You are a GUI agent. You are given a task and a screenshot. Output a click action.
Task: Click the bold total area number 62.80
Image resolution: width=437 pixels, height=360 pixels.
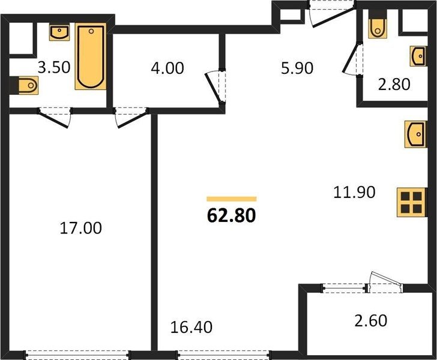(231, 216)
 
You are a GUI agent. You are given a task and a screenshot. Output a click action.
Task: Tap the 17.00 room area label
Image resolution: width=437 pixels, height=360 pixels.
(81, 228)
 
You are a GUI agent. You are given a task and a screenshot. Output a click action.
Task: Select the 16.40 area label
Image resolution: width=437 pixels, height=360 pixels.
(191, 327)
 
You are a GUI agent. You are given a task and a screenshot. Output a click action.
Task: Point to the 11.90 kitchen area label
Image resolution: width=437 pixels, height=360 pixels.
(354, 192)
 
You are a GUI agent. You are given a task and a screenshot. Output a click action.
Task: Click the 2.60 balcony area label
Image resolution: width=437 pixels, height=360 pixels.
(371, 320)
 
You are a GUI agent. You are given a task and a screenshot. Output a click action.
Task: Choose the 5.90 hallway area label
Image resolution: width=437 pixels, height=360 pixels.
(297, 68)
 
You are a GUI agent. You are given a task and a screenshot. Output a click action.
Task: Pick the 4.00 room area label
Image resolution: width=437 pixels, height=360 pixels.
(167, 68)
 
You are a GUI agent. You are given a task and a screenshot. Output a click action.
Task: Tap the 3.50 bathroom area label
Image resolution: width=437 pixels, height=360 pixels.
(54, 67)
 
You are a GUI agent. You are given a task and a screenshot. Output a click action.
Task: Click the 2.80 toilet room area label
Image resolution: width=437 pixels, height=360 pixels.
(394, 84)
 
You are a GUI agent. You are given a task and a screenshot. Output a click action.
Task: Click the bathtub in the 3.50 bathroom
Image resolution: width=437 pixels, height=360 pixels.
(91, 56)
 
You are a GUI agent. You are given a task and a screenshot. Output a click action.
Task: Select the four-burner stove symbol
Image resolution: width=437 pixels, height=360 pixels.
(411, 202)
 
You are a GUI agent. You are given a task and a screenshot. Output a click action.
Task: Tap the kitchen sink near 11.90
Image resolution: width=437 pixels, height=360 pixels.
(415, 134)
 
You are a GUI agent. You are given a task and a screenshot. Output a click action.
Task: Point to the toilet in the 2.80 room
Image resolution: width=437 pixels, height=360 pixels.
(378, 26)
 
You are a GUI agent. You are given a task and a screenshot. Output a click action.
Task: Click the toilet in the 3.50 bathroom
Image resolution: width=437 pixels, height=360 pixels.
(26, 85)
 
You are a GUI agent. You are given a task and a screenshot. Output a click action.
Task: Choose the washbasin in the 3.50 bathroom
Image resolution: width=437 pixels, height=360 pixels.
(59, 32)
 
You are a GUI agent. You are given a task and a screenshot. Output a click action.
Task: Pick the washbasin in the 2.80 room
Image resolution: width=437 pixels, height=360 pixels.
(418, 56)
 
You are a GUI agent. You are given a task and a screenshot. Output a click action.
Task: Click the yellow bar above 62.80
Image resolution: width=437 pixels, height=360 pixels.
(231, 199)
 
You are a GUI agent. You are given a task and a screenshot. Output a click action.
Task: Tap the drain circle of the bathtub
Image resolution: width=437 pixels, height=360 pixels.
(91, 31)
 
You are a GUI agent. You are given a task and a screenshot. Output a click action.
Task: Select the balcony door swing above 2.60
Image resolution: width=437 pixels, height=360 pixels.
(385, 282)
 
